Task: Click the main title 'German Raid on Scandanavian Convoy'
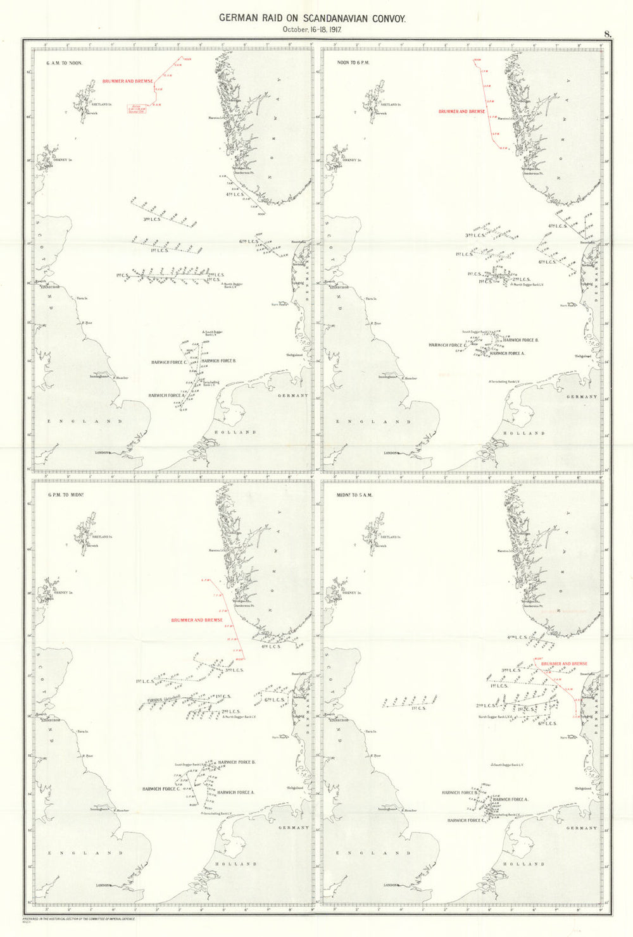tap(312, 18)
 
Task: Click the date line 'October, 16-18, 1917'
tap(312, 30)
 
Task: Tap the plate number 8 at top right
tap(607, 34)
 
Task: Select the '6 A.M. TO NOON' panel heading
tap(64, 63)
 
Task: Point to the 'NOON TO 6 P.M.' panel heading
tap(353, 63)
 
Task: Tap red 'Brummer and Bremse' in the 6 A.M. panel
tap(127, 82)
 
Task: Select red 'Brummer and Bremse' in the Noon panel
tap(461, 111)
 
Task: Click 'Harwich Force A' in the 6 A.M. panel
tap(166, 395)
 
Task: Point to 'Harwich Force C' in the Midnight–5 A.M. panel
tap(465, 821)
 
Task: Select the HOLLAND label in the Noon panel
tap(523, 433)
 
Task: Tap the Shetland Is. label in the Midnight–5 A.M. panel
tap(390, 537)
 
